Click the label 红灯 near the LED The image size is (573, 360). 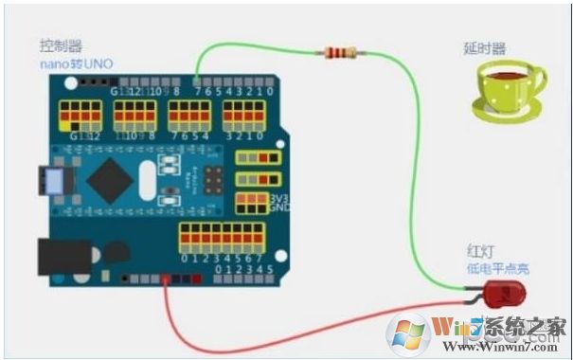480,250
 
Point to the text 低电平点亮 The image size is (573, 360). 497,269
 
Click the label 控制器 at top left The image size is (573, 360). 60,45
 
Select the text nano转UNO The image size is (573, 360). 75,62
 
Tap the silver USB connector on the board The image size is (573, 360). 49,181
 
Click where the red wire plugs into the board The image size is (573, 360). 167,279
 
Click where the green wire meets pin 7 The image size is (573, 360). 196,81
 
